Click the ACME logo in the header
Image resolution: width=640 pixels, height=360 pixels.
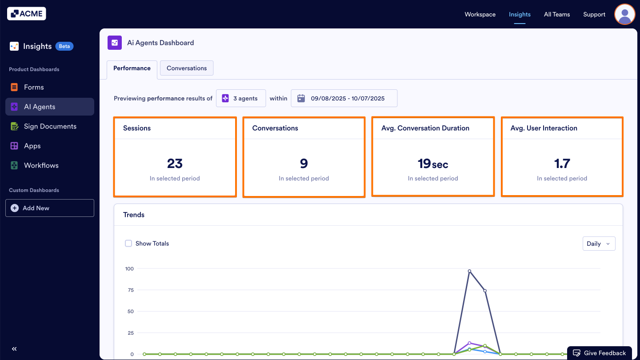pos(27,14)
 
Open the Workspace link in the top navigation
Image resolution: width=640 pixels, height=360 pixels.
pos(480,14)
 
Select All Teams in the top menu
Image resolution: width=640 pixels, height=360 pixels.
pos(556,14)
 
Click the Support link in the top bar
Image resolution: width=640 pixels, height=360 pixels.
pos(594,14)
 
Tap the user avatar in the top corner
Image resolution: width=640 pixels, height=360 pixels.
pos(624,14)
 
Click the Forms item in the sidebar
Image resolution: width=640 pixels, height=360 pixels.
pos(34,87)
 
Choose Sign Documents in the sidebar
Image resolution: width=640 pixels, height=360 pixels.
pos(50,126)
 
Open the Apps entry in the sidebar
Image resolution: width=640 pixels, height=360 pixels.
pos(32,146)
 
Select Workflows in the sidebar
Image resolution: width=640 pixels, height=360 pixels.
pos(41,165)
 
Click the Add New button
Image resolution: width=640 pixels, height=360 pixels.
pos(50,208)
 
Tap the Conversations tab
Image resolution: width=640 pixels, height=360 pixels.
pos(187,68)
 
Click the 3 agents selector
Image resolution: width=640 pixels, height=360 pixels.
pos(240,98)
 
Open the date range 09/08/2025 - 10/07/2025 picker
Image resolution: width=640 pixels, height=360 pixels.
pos(344,98)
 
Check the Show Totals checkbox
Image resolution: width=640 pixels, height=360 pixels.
pos(128,244)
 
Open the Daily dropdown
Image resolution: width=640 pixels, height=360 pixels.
pos(599,244)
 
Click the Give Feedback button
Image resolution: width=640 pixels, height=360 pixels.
pos(599,353)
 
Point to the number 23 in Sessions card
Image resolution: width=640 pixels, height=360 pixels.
pos(175,164)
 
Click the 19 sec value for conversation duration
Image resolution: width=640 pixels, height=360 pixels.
pos(432,164)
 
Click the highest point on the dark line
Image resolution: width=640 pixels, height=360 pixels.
pos(469,271)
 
